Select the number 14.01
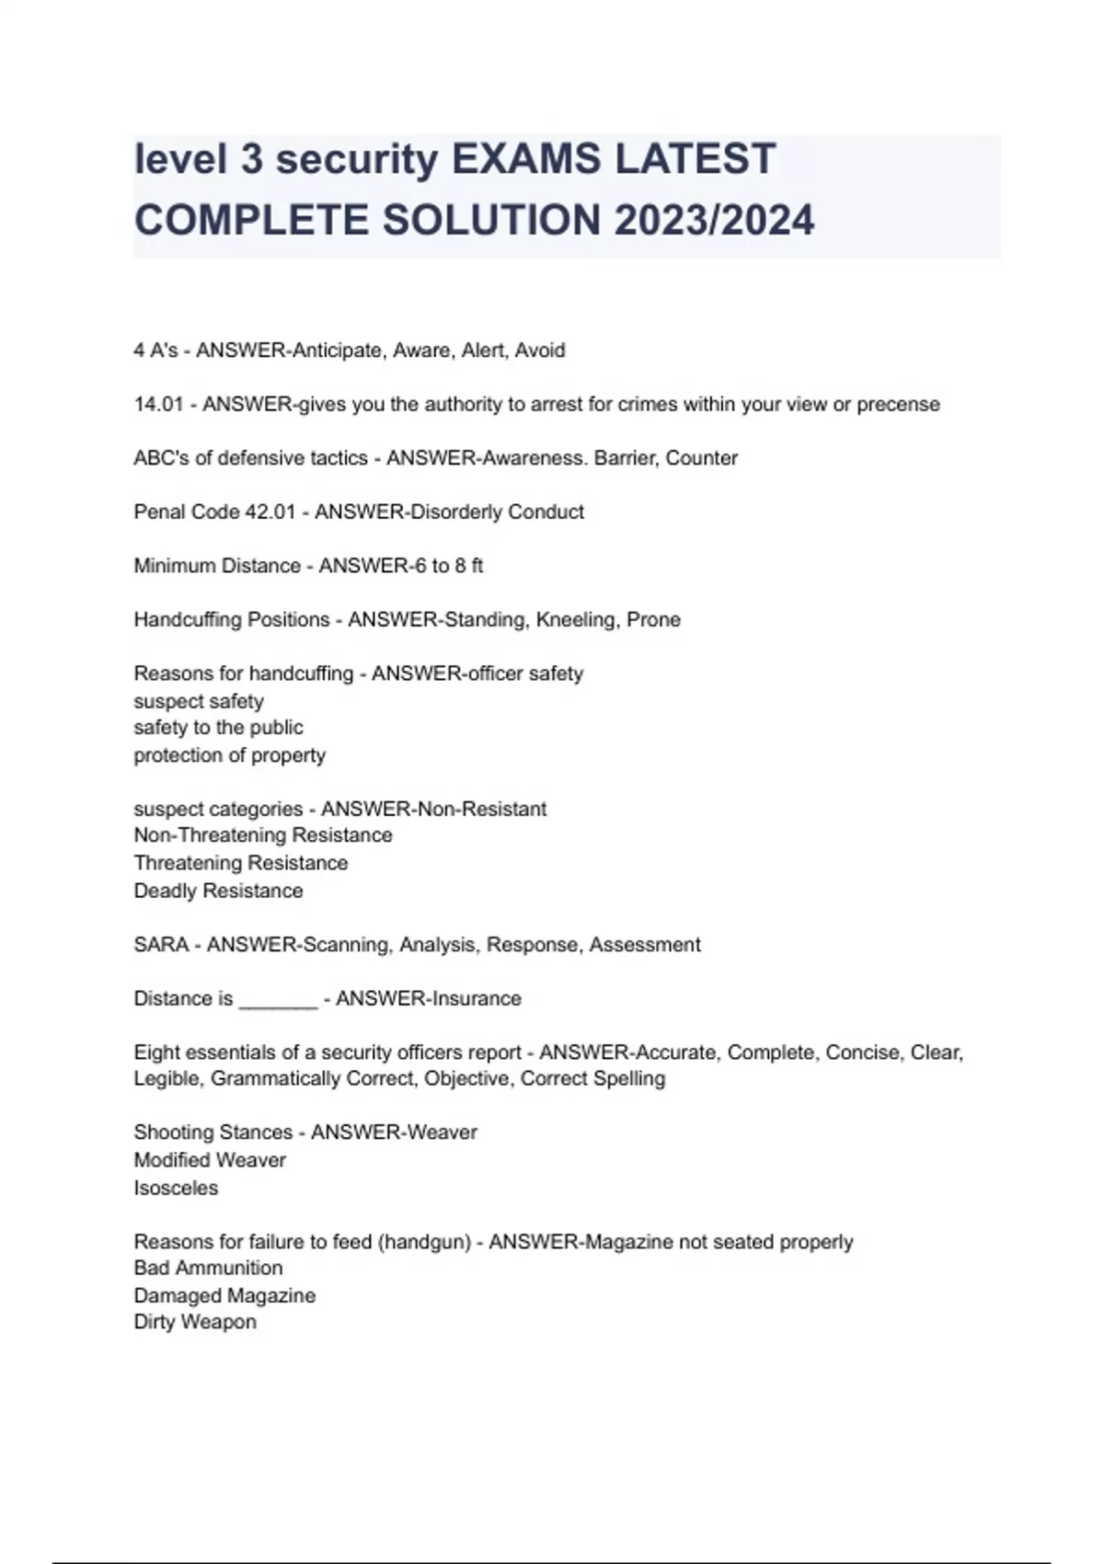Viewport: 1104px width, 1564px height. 159,405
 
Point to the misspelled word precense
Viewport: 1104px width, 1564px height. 898,405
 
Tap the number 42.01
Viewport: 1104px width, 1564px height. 270,512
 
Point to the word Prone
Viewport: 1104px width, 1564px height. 653,620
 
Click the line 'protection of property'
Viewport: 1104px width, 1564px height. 229,755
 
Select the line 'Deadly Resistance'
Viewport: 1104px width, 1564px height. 218,891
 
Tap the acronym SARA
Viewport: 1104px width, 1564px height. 161,945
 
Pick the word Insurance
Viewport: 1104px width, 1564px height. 474,999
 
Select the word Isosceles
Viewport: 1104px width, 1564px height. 176,1189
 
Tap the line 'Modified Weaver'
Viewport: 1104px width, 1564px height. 210,1160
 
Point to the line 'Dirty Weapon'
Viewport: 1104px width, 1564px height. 195,1322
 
